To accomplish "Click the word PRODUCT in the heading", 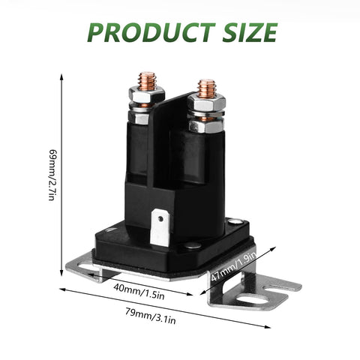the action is (x=151, y=32).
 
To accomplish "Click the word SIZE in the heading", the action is (x=250, y=32).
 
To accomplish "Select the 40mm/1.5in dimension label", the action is (x=139, y=292).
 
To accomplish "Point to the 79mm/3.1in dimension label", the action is (x=151, y=316).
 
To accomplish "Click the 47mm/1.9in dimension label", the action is (x=234, y=266).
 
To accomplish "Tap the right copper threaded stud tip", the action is (x=206, y=88).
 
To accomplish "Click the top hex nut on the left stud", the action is (x=147, y=94).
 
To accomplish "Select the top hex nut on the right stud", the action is (x=206, y=103).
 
